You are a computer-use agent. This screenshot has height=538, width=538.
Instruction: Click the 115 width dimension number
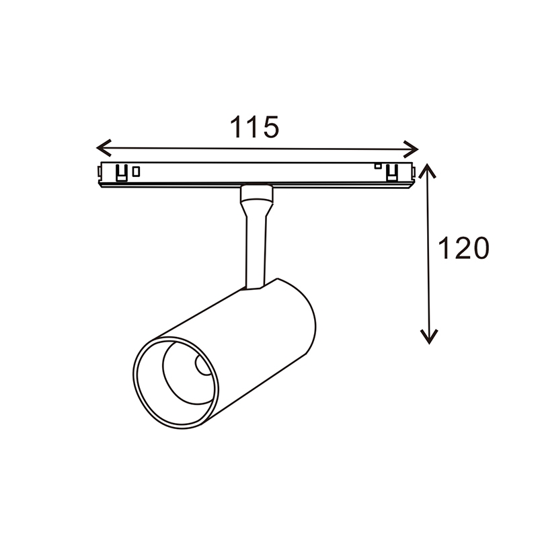(254, 127)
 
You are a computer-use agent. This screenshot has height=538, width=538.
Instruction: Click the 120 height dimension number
(463, 247)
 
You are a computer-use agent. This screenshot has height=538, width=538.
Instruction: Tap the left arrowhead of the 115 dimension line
(104, 147)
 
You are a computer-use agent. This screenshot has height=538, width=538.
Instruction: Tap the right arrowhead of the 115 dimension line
(411, 149)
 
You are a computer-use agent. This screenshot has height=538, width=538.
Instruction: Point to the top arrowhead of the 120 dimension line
(426, 171)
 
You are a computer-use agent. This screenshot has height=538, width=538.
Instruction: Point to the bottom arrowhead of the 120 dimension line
(429, 337)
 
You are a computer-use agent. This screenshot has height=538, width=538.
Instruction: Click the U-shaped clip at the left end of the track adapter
(122, 173)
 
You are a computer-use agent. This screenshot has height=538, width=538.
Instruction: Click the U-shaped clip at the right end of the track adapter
(392, 173)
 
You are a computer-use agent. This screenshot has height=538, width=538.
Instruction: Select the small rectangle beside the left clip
(137, 171)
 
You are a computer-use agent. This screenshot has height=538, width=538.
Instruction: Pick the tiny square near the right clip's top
(378, 166)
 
